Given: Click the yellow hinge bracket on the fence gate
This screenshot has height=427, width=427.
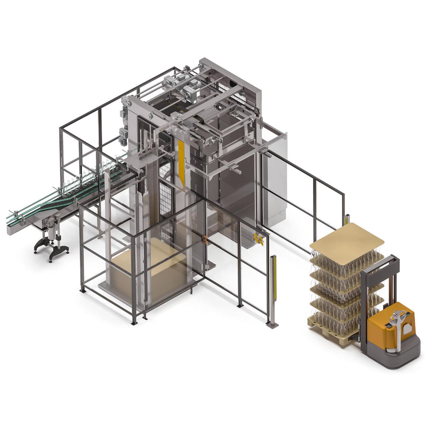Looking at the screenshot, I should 259,239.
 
